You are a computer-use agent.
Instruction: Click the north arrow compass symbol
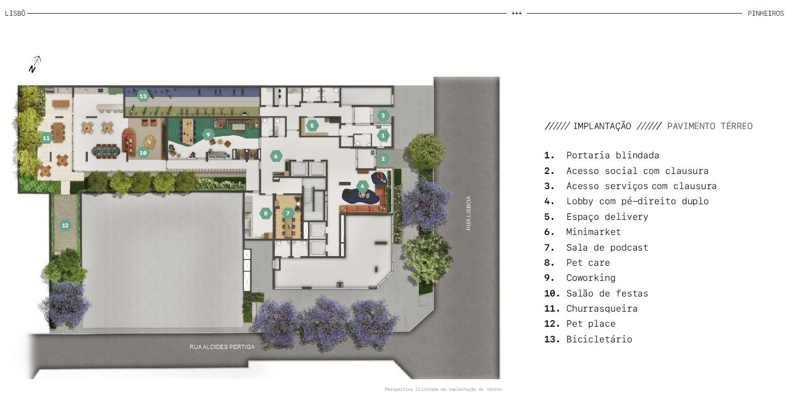click(35, 65)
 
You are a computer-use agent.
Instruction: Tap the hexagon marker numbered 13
click(143, 96)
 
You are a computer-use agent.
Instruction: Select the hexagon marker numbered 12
click(65, 225)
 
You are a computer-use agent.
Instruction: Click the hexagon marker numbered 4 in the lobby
click(362, 186)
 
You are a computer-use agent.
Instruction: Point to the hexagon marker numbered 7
click(288, 213)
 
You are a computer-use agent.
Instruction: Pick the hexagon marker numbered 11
click(46, 138)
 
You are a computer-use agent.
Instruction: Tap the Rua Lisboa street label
click(469, 213)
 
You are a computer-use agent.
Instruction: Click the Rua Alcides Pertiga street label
click(222, 347)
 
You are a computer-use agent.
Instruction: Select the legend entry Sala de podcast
click(596, 247)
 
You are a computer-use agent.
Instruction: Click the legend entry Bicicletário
click(588, 339)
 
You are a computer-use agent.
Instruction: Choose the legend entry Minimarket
click(582, 232)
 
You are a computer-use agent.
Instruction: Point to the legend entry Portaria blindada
click(602, 155)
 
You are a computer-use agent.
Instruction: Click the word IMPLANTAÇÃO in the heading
click(602, 126)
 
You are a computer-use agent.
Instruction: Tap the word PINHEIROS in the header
click(766, 14)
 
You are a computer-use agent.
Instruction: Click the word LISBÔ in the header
click(15, 13)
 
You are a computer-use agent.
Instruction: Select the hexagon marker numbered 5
click(312, 125)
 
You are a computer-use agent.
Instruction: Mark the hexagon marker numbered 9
click(208, 135)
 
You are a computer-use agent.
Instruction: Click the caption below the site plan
click(443, 389)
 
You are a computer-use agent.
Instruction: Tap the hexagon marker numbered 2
click(383, 159)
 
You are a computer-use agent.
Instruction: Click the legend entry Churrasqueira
click(590, 309)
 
